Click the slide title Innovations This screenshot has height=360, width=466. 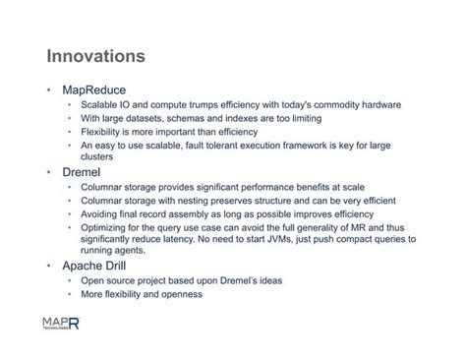tap(95, 56)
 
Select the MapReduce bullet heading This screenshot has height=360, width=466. tap(94, 90)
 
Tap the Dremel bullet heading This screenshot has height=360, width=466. tap(82, 172)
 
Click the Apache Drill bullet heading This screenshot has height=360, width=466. tap(94, 266)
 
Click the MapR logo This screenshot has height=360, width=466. tap(61, 323)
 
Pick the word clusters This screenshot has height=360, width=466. tap(96, 156)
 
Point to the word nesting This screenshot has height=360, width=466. tap(193, 201)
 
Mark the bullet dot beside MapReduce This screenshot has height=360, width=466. tap(49, 90)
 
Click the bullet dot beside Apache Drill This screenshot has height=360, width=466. tap(49, 266)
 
